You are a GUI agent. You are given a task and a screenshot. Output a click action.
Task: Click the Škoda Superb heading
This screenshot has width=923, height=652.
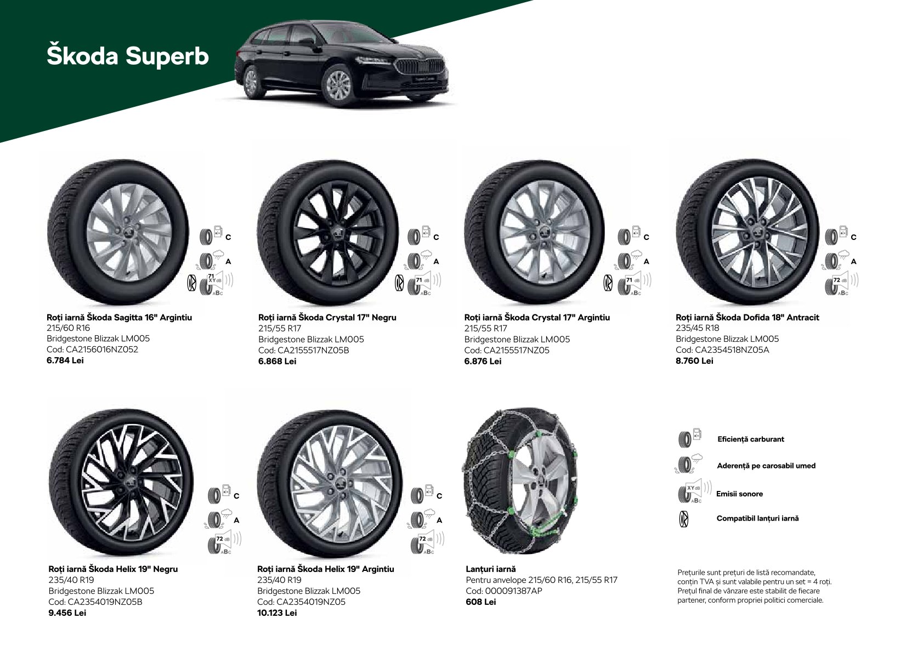[128, 55]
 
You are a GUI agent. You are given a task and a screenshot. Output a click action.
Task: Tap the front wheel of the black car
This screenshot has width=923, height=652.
[338, 86]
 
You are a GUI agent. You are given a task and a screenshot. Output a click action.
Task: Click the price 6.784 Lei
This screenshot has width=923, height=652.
[65, 361]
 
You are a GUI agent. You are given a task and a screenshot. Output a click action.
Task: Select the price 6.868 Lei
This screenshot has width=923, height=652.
[278, 362]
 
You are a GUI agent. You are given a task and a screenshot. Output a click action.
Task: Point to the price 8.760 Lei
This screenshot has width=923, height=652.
[694, 361]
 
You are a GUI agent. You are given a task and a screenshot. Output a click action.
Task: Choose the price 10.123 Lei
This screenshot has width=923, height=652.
[277, 613]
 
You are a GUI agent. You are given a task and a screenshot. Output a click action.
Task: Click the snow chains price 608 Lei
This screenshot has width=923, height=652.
[481, 602]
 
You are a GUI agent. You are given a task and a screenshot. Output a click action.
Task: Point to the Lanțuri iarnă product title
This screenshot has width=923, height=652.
[491, 569]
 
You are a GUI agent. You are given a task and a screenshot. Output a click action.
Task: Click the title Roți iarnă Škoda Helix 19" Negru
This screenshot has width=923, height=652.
[114, 569]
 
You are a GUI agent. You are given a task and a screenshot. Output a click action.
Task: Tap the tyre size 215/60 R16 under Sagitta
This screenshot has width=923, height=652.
[68, 328]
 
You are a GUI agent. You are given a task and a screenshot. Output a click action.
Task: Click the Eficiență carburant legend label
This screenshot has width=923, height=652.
[751, 439]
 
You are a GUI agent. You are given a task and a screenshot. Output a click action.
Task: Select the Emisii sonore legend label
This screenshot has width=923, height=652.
[739, 494]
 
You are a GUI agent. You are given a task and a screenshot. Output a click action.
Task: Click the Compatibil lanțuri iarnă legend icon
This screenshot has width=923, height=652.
[683, 519]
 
